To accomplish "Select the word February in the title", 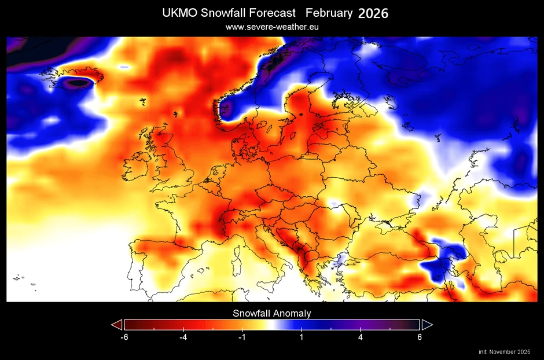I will [329, 13].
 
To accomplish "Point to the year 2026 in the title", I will [373, 13].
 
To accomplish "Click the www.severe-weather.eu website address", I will [272, 27].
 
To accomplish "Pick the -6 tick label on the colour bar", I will [123, 337].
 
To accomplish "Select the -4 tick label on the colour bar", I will [183, 337].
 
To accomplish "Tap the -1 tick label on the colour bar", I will [242, 337].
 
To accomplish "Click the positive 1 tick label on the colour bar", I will [302, 337].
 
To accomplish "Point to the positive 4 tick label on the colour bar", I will [361, 337].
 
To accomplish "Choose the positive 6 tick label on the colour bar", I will [420, 337].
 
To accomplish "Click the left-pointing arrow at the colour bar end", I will [117, 324].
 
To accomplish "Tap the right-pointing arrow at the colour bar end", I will [427, 324].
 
